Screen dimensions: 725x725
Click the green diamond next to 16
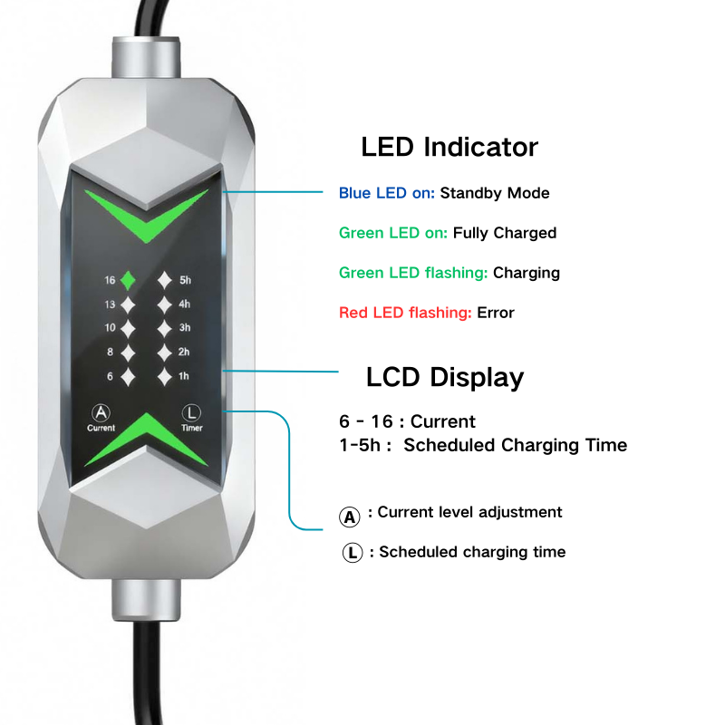coord(128,280)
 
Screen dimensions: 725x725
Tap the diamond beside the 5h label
coord(165,280)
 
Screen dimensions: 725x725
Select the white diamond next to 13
coord(128,304)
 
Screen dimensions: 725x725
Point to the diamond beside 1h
coord(165,377)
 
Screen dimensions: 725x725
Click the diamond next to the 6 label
coord(128,377)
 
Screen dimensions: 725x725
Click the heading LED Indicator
coord(449,147)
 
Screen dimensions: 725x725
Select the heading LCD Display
coord(445,377)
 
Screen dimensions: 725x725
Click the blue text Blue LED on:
coord(387,193)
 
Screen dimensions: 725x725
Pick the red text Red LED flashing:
coord(405,313)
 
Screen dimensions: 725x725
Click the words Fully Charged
coord(505,233)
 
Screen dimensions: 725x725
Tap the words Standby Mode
coord(495,193)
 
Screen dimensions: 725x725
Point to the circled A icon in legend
coord(350,517)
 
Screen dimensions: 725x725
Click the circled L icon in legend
coord(353,552)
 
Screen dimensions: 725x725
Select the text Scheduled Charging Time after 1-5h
coord(515,445)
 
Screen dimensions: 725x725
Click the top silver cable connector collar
coord(146,58)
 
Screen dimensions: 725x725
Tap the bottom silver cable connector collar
coord(146,599)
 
